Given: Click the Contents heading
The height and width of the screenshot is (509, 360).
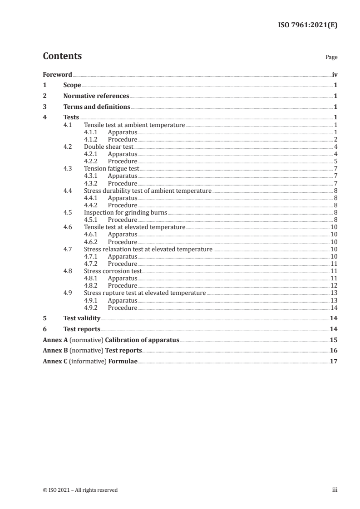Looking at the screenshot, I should coord(62,56).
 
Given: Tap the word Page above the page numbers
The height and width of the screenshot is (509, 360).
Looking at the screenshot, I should coord(331,58).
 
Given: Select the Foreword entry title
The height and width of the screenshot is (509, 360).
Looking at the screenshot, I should coord(57,74).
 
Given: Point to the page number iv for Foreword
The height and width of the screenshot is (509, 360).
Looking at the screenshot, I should coord(335,74).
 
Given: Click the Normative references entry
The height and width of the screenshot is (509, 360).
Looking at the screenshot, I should coord(96,96).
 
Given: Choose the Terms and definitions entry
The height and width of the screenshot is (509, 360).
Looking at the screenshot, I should coord(97,107).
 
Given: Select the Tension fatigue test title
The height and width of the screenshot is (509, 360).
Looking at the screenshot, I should coord(112,169).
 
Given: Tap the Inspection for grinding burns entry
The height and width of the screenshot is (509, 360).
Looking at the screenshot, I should coord(126,212).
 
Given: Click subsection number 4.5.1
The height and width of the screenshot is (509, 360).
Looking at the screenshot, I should coord(91,220).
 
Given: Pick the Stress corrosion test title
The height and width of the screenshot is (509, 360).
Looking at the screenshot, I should coord(113,271).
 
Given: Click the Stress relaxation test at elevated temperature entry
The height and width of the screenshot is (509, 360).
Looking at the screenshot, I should coord(148,249).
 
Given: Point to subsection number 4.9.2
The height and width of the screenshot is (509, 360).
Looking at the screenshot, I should coord(91,308).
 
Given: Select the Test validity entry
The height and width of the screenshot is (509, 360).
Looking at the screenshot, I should coord(82,318).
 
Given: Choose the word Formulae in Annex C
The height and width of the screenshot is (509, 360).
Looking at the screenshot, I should coord(123,362).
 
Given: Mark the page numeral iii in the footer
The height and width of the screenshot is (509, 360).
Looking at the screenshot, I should coord(335,490).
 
